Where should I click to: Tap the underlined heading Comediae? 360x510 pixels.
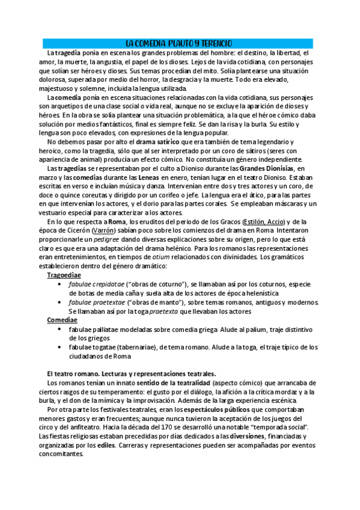pyautogui.click(x=63, y=321)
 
